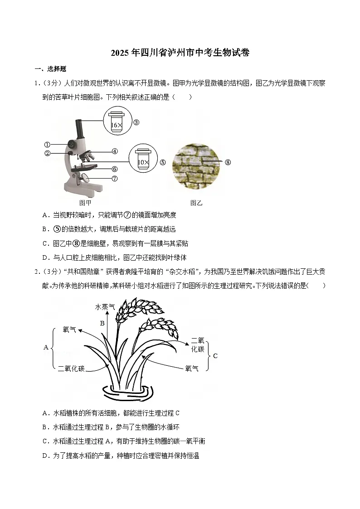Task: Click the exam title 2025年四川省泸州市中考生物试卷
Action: click(x=180, y=53)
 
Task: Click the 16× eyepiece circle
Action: click(x=117, y=122)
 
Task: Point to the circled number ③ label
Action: click(x=136, y=122)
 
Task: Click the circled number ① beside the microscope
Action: click(x=47, y=145)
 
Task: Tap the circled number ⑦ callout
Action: click(x=115, y=178)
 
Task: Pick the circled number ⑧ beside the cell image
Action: click(x=228, y=162)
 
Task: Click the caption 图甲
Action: click(x=85, y=203)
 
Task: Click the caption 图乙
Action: click(x=196, y=203)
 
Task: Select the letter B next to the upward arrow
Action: click(x=102, y=323)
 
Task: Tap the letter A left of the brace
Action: click(x=46, y=348)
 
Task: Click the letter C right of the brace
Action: click(x=215, y=356)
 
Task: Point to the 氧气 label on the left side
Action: click(x=69, y=330)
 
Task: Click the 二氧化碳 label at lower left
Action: click(x=71, y=368)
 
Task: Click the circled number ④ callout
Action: click(x=115, y=151)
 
